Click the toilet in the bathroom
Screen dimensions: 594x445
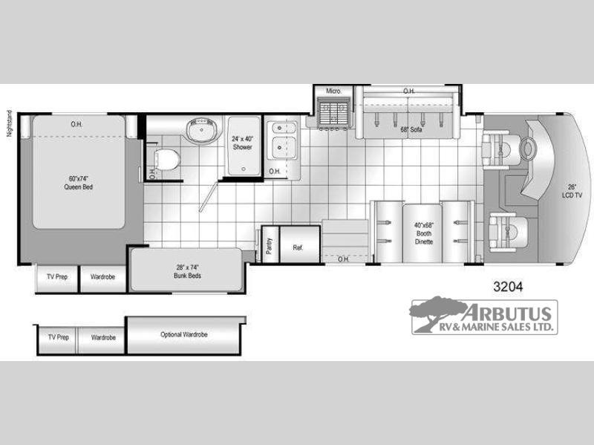[166, 159]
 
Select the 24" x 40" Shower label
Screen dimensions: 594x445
[243, 143]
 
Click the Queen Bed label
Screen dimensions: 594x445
[79, 183]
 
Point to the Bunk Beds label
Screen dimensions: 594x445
[187, 271]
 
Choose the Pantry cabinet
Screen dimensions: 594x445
[270, 244]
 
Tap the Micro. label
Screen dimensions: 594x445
[333, 91]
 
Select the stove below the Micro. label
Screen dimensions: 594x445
[332, 112]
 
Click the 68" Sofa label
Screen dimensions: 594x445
[411, 129]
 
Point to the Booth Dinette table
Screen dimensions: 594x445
[422, 233]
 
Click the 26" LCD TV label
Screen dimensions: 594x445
[572, 191]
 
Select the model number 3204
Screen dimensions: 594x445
[508, 287]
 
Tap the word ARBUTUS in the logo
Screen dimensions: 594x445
[506, 313]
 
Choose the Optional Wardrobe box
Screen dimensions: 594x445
[184, 335]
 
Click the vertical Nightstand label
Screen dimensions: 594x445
[10, 123]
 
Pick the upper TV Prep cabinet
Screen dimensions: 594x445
[57, 277]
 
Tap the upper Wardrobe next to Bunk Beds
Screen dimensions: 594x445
[102, 277]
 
